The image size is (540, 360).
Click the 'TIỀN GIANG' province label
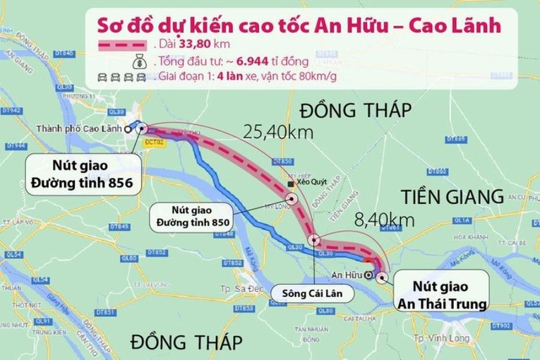pos(452,196)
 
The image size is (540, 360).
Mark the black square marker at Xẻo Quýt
pos(290,184)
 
